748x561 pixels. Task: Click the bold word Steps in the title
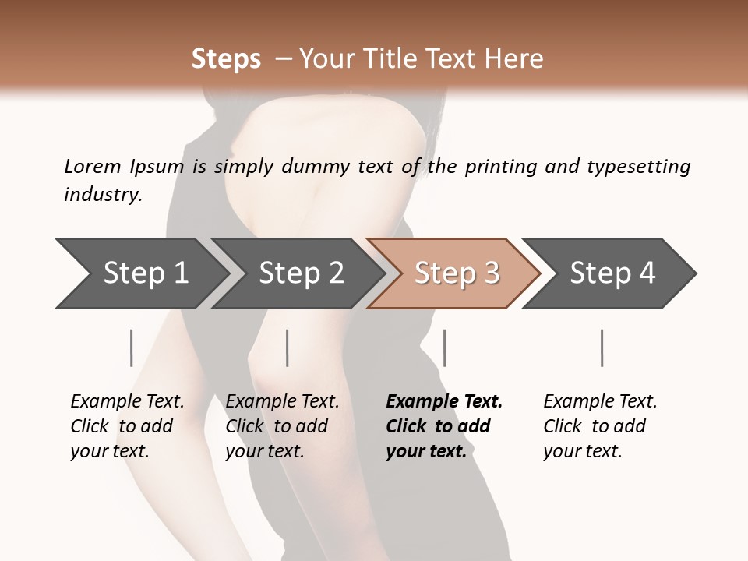(x=226, y=59)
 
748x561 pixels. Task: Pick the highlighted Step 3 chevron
(x=456, y=273)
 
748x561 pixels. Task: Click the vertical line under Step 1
(x=132, y=348)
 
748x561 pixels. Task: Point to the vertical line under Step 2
(x=288, y=348)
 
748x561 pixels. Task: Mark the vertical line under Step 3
(x=444, y=348)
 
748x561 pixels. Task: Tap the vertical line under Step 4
(x=602, y=348)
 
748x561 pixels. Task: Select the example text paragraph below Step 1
(x=127, y=426)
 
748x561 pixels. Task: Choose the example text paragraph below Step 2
(x=282, y=426)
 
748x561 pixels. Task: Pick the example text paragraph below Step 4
(x=600, y=426)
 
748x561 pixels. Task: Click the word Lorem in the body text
(x=92, y=167)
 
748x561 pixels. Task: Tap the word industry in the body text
(x=103, y=195)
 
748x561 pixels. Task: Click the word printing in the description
(x=501, y=167)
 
